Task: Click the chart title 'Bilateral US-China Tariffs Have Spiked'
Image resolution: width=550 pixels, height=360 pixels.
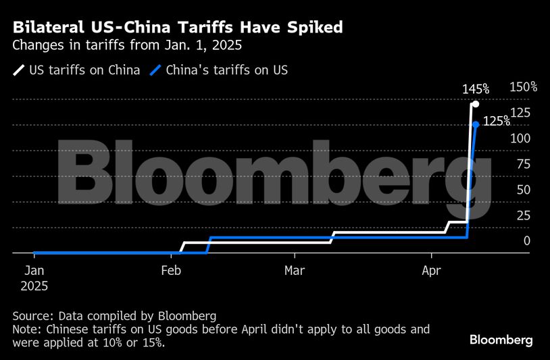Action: pyautogui.click(x=178, y=28)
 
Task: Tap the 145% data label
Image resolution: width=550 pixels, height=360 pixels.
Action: pyautogui.click(x=476, y=89)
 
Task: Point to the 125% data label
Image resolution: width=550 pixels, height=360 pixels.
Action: pyautogui.click(x=497, y=121)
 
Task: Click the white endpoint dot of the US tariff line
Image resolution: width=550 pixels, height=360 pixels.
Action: pyautogui.click(x=476, y=104)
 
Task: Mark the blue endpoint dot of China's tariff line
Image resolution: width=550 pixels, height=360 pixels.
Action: pyautogui.click(x=476, y=124)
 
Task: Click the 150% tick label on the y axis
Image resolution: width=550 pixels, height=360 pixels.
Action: pyautogui.click(x=524, y=87)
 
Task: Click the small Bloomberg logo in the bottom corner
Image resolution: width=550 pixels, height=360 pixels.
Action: pyautogui.click(x=501, y=339)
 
